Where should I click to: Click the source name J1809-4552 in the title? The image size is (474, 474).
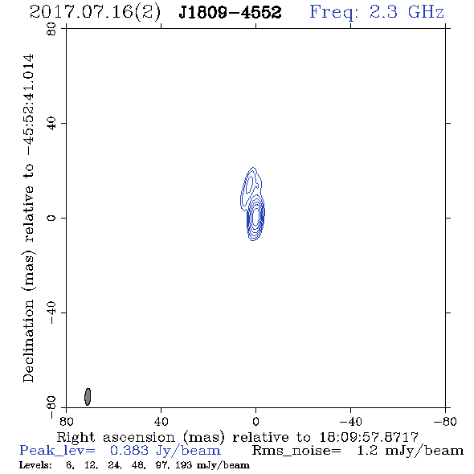point(230,13)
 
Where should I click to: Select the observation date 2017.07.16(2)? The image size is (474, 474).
point(95,13)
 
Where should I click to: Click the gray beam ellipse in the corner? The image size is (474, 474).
point(88,397)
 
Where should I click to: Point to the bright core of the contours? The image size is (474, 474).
point(255,217)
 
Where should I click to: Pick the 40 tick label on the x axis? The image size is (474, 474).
point(161,422)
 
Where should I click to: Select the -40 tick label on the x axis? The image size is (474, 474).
point(350,422)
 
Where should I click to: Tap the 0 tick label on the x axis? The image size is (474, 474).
point(255,422)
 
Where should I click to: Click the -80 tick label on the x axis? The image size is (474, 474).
point(445,422)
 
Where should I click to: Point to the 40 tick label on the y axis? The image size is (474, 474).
point(51,124)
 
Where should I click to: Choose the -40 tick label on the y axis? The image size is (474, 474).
point(51,313)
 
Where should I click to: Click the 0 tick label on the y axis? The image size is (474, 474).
point(51,218)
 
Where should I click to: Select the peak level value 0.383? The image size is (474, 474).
point(129,451)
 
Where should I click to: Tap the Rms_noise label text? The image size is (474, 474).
point(296,451)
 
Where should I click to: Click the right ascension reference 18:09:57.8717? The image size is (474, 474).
point(369,437)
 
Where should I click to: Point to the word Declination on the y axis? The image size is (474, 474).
point(28,341)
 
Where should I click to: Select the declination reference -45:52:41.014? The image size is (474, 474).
point(29,105)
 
